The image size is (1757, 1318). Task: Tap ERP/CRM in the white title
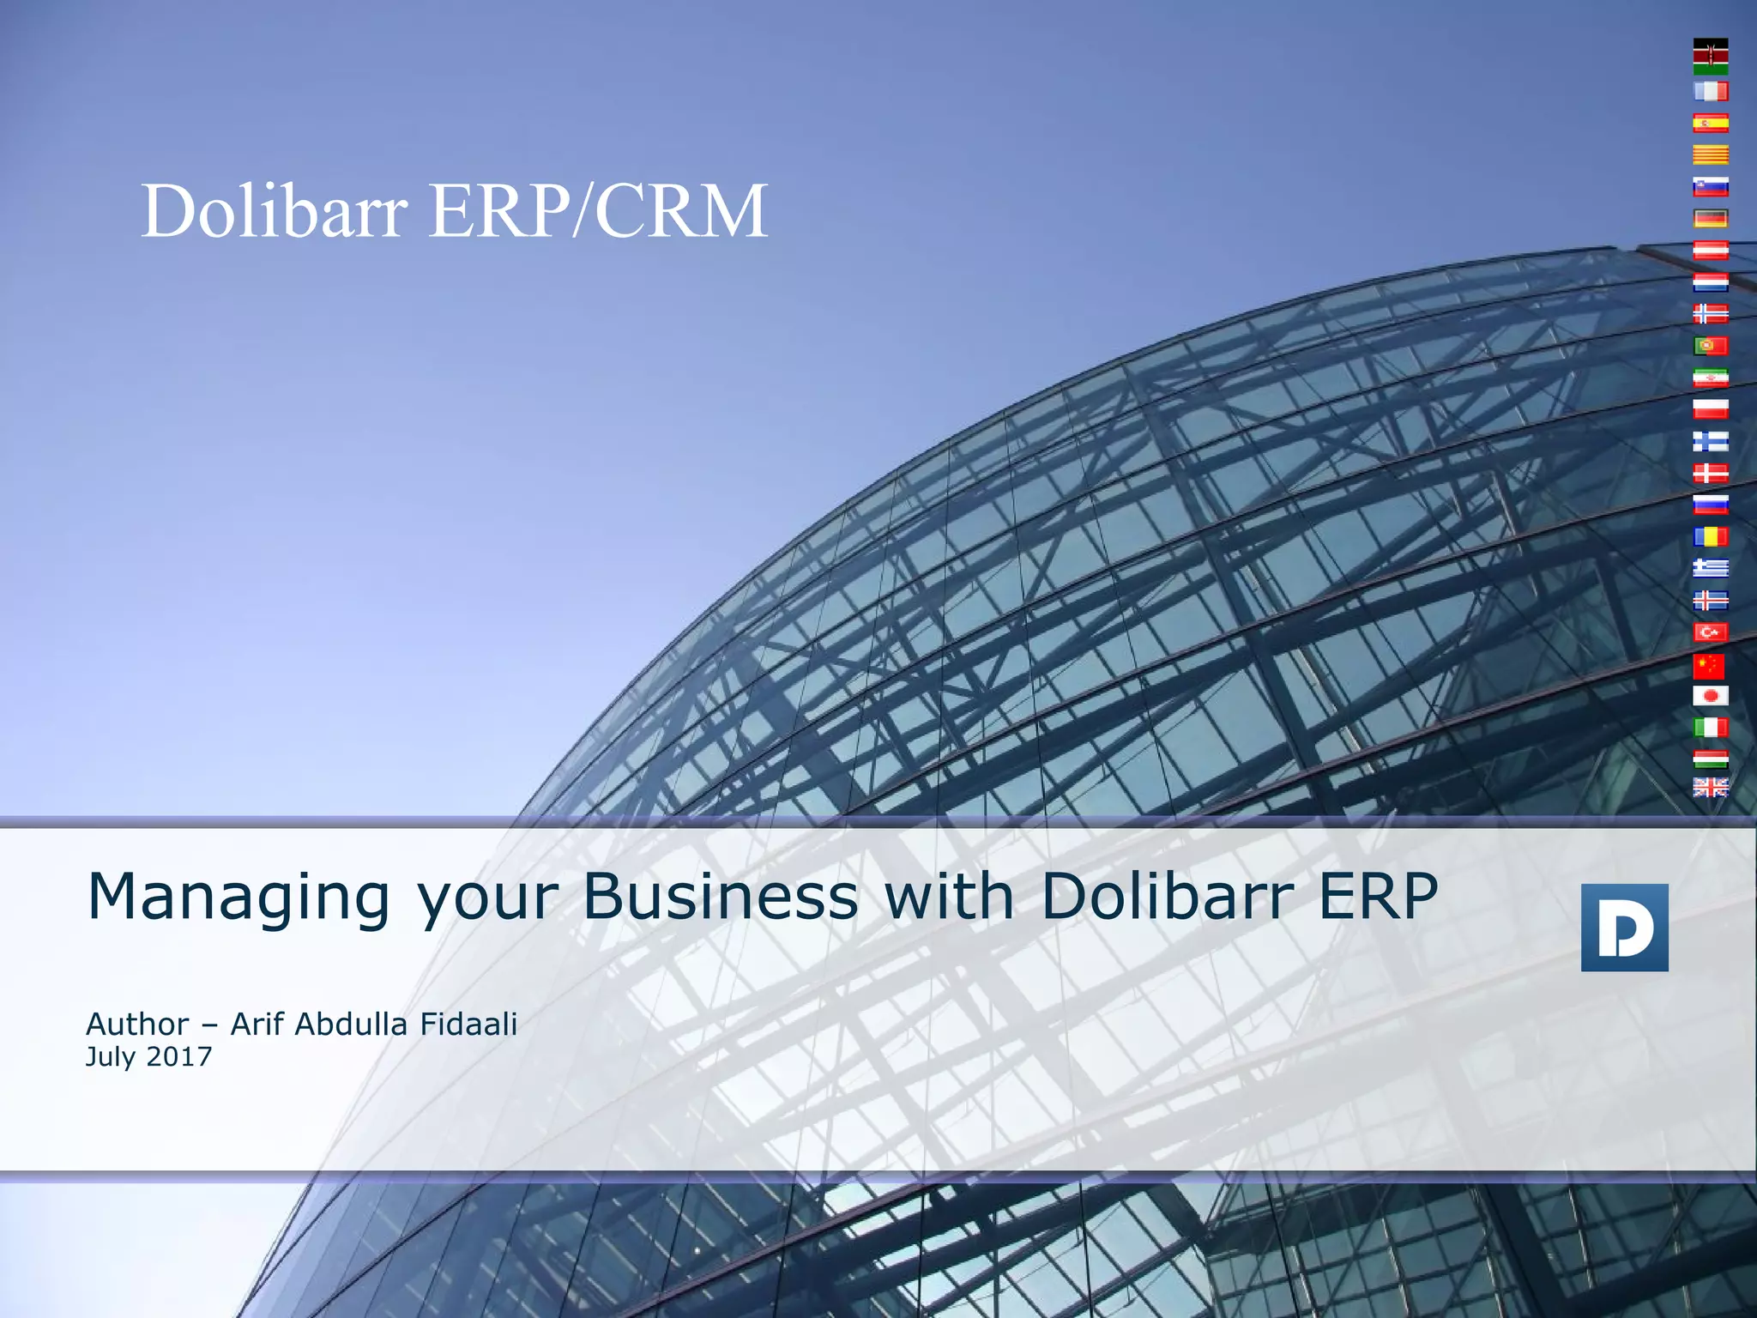coord(598,211)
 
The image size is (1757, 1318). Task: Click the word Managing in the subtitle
coord(238,898)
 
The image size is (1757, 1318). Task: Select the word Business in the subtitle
coord(721,896)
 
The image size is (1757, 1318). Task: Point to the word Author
coord(137,1024)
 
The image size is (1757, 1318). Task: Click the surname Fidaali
coord(468,1024)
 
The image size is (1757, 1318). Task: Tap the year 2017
coord(179,1056)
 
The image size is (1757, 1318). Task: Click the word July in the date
coord(112,1056)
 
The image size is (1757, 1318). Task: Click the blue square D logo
coord(1624,928)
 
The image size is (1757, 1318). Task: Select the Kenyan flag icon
coord(1710,56)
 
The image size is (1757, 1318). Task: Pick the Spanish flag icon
coord(1710,124)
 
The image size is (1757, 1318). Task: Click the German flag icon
coord(1710,219)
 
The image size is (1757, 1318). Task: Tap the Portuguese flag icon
coord(1710,346)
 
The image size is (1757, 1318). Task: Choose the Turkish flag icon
coord(1710,632)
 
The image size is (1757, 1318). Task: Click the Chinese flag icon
coord(1710,665)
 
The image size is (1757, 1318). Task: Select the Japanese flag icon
coord(1710,696)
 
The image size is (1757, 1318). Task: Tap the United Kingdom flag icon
coord(1710,787)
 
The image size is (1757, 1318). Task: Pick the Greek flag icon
coord(1710,568)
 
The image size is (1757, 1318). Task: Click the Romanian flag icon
coord(1710,537)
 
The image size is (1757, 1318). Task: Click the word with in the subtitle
coord(949,896)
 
